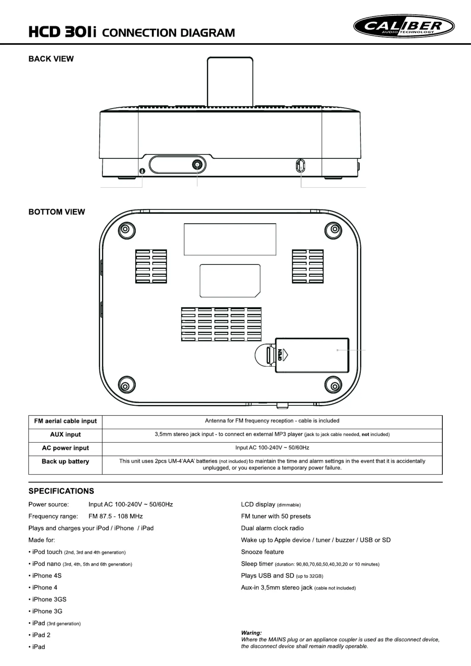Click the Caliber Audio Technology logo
404,26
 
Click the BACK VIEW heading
51,59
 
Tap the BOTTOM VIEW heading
57,212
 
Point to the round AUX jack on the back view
197,164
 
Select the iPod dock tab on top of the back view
230,82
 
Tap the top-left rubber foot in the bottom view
126,230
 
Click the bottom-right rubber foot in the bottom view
333,386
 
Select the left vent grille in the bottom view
151,266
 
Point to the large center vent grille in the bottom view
221,324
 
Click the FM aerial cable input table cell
65,421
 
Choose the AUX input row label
65,435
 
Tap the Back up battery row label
65,462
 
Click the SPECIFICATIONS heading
61,491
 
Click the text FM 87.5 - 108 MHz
115,516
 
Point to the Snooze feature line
262,552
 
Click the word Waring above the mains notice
251,633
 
